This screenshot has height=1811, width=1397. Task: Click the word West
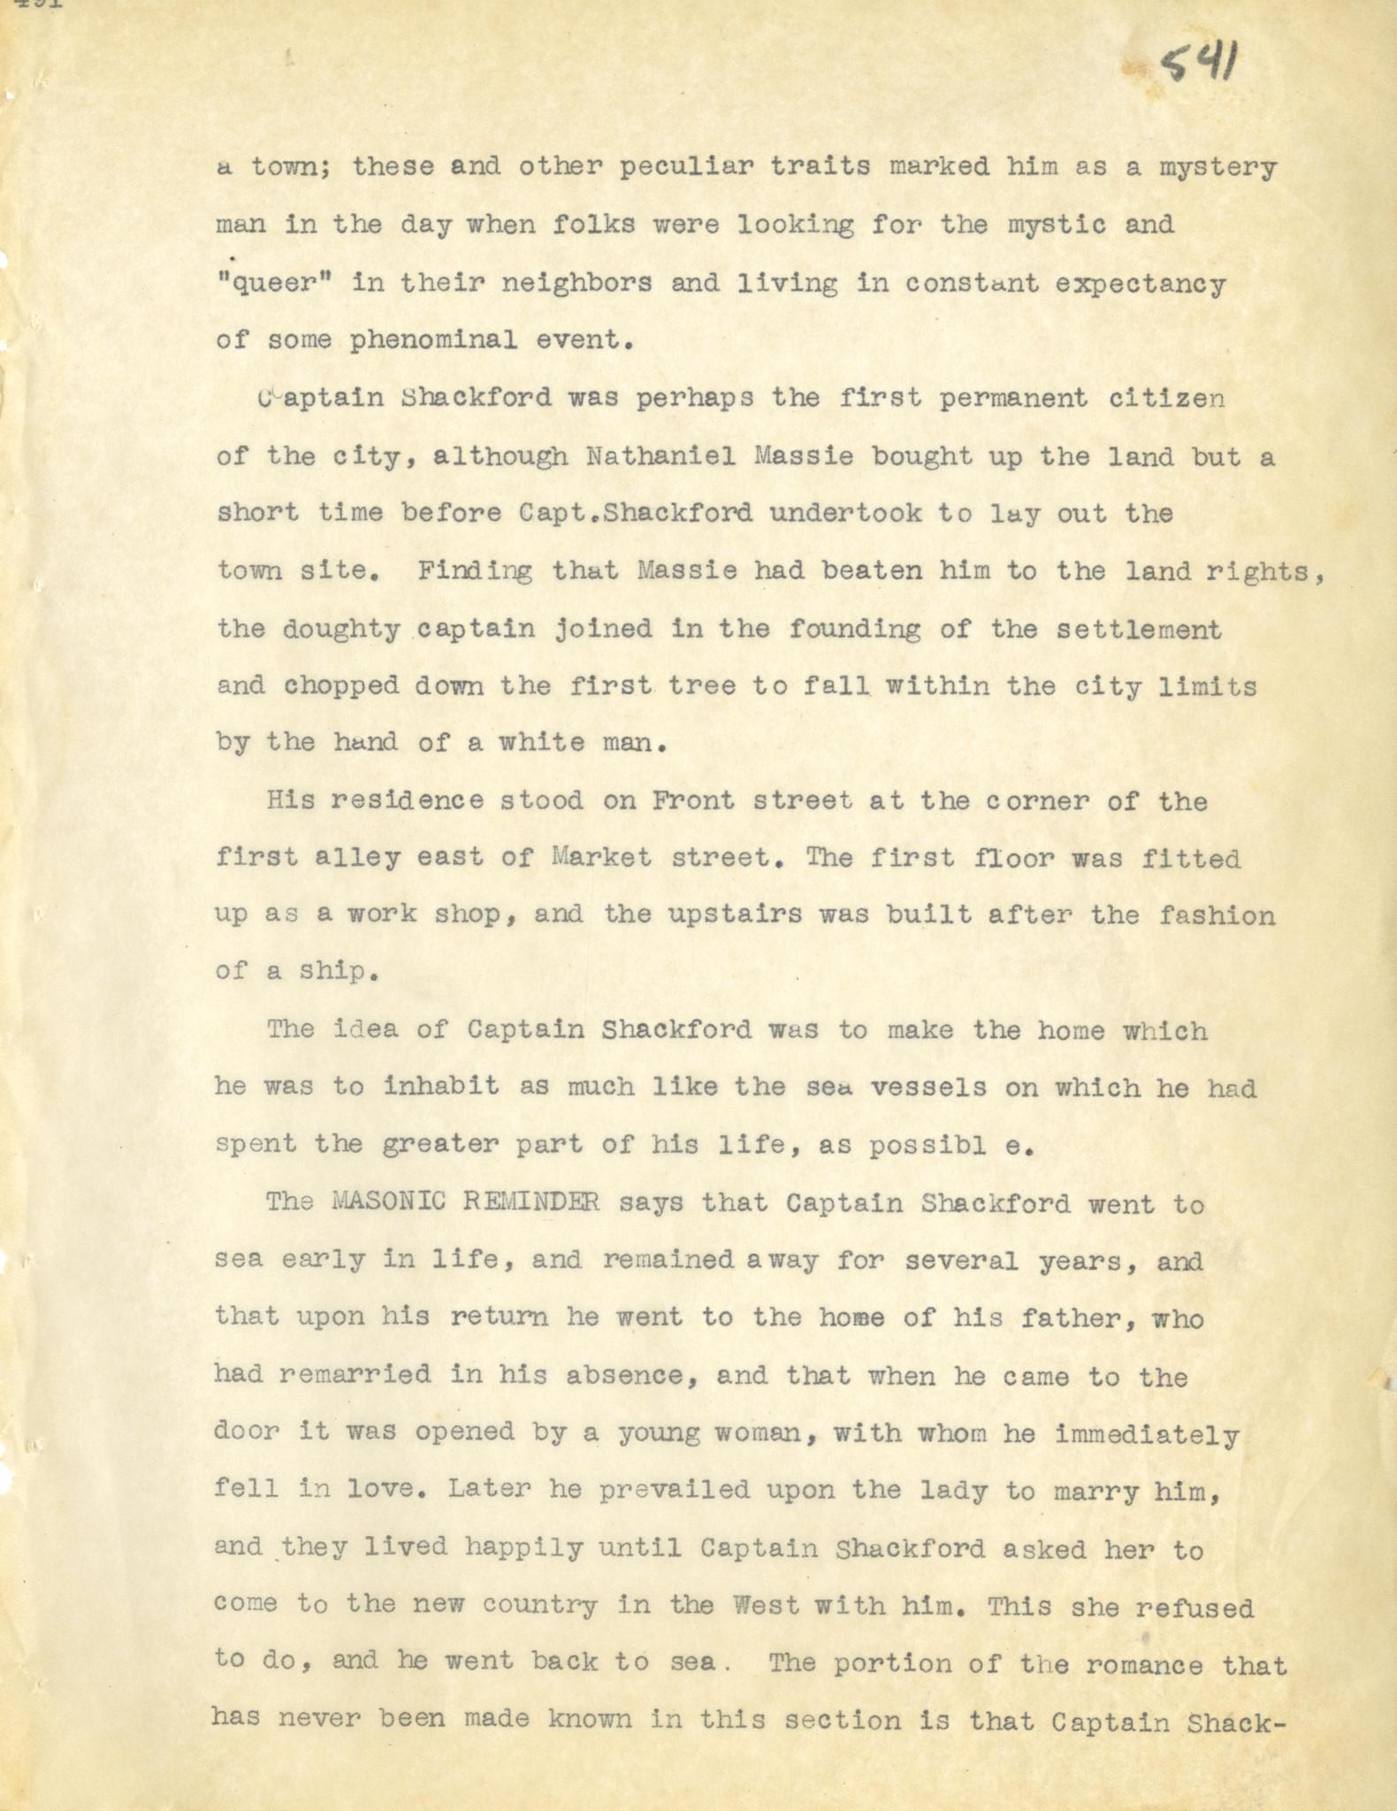730,1605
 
